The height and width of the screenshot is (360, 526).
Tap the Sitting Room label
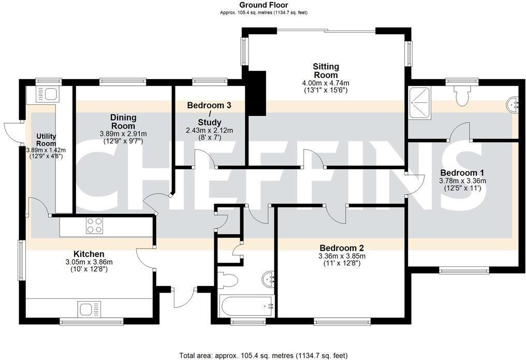[326, 71]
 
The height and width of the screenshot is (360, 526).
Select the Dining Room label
[123, 122]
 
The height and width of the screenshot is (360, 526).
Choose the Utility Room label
[46, 140]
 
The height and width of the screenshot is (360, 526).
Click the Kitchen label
[89, 254]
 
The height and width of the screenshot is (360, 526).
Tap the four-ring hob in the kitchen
[94, 226]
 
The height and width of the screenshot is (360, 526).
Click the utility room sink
[50, 94]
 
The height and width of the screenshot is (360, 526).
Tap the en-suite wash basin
[514, 104]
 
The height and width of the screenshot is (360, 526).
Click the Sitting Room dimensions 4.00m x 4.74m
[326, 83]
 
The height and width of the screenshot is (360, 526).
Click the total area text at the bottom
[263, 355]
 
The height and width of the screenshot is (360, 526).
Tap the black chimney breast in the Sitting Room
[256, 93]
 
